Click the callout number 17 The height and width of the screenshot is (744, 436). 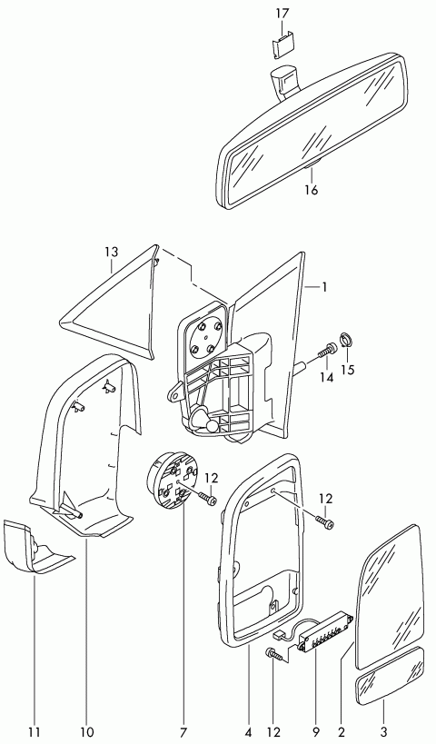tap(282, 14)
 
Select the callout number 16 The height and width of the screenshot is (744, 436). tap(312, 190)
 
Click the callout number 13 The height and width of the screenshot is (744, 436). tap(111, 252)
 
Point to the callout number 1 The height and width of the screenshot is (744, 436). tap(324, 287)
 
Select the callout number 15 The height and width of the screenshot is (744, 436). tap(348, 370)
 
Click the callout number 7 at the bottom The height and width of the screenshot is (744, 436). tap(183, 731)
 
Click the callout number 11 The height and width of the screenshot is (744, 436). tap(35, 731)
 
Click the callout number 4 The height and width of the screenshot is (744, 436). tap(249, 731)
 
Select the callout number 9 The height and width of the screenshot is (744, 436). tap(316, 731)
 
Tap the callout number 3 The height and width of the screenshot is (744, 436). tap(384, 731)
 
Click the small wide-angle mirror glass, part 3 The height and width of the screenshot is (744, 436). tap(390, 677)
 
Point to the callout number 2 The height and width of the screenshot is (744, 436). tap(342, 731)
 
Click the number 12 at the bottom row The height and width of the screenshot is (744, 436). tap(273, 731)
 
